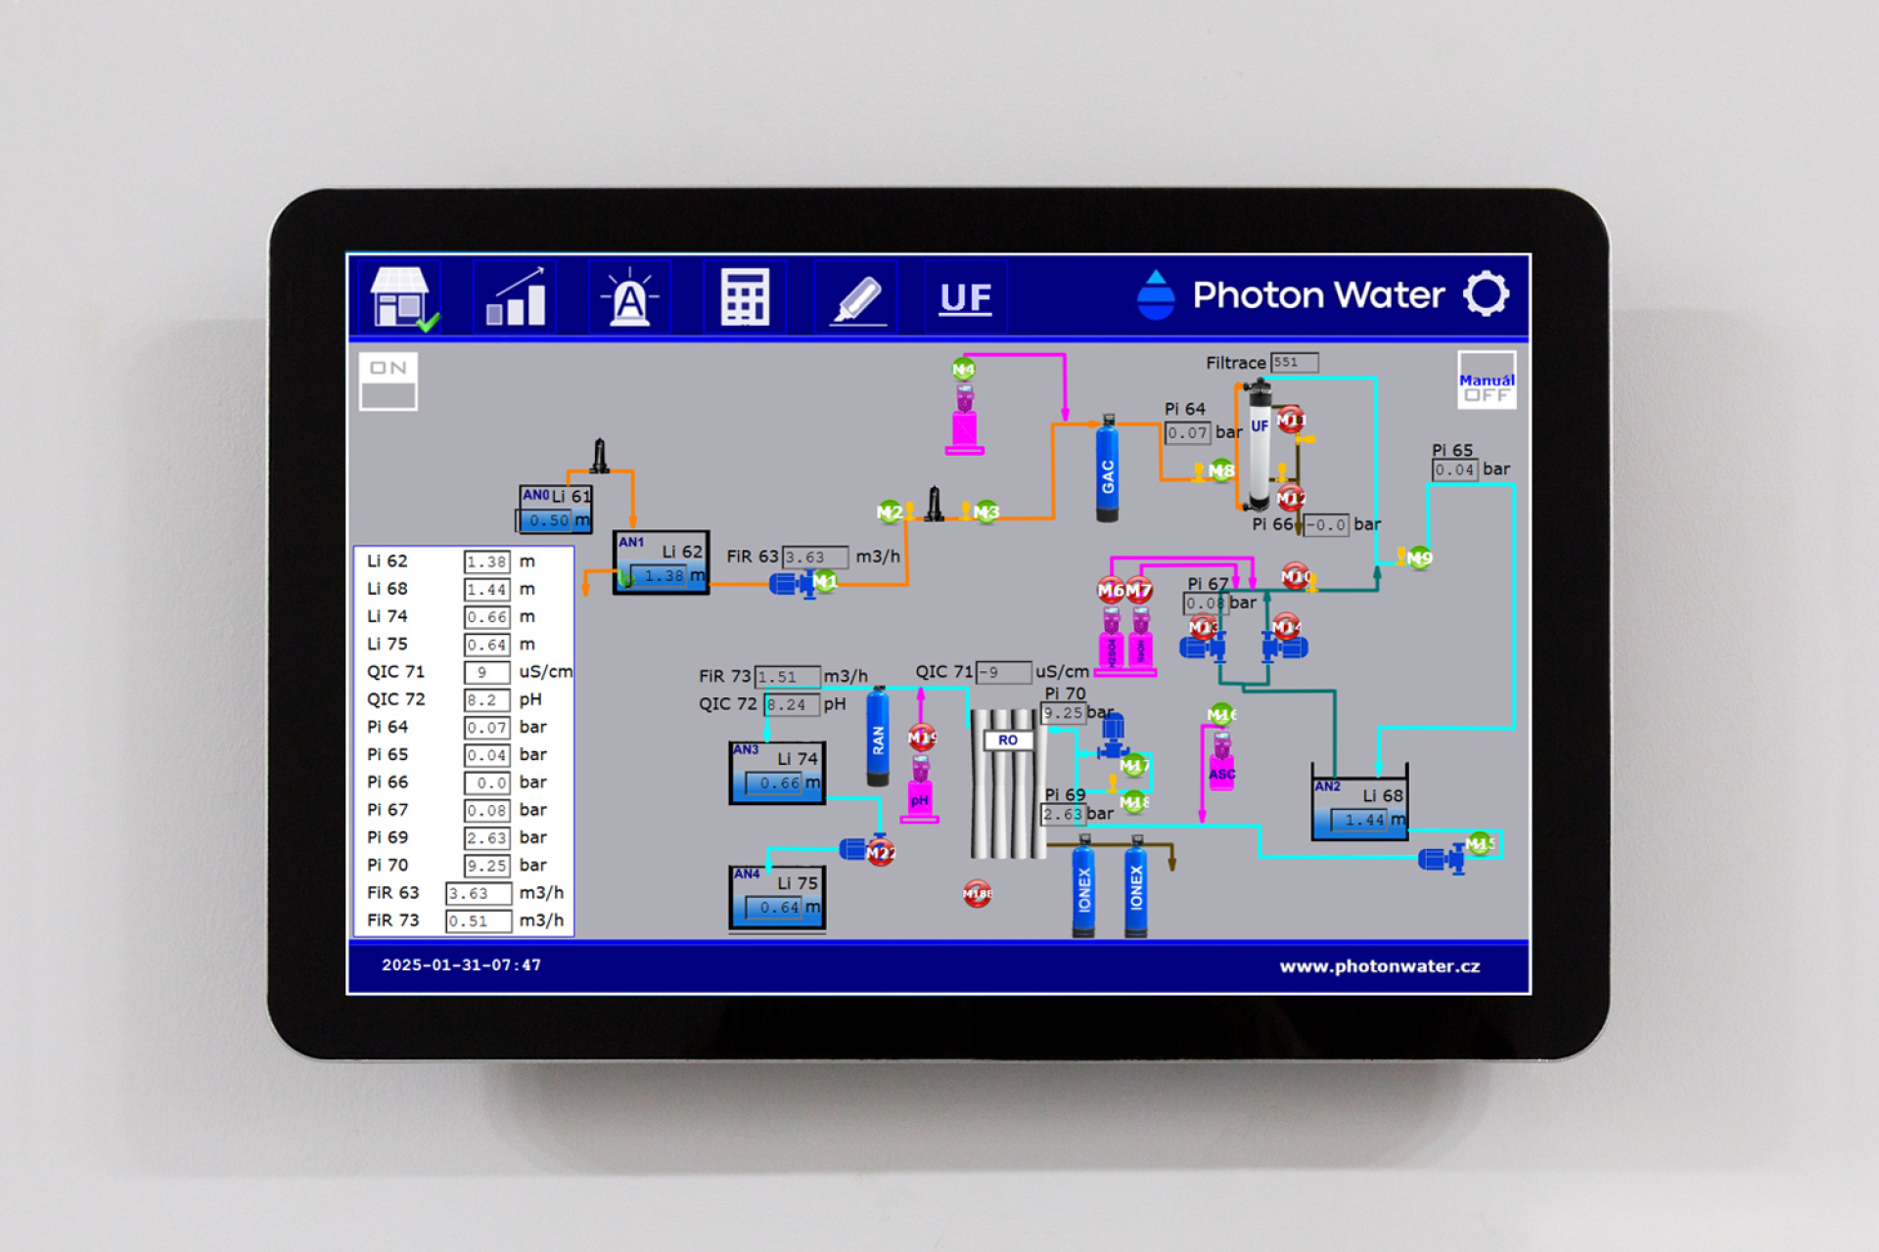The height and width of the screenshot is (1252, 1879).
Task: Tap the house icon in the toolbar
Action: point(400,296)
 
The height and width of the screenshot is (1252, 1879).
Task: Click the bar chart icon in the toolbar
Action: point(516,297)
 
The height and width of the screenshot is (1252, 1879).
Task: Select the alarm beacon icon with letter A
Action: point(629,297)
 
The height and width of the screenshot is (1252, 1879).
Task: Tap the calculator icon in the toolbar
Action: point(745,297)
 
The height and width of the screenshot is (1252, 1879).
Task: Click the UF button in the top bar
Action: point(965,297)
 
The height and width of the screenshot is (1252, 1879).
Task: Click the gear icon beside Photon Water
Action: point(1486,293)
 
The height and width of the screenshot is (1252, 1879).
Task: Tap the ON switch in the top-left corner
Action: point(389,380)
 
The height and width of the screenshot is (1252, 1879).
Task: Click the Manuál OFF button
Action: point(1486,380)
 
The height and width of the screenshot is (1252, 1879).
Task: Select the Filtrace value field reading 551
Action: point(1294,363)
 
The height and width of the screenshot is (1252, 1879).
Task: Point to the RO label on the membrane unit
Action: point(1008,740)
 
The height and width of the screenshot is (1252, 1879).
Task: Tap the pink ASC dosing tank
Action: point(1221,769)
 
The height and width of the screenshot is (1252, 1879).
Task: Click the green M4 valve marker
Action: point(963,369)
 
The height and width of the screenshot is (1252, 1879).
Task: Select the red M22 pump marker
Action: point(880,853)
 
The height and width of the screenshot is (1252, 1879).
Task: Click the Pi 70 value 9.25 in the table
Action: point(486,866)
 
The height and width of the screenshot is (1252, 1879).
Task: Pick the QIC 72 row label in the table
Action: point(396,699)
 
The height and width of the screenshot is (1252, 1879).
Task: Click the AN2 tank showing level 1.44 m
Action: point(1359,808)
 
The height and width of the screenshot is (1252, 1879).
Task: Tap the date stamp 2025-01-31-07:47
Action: point(461,965)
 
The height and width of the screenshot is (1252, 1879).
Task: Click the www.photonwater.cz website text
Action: point(1379,966)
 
